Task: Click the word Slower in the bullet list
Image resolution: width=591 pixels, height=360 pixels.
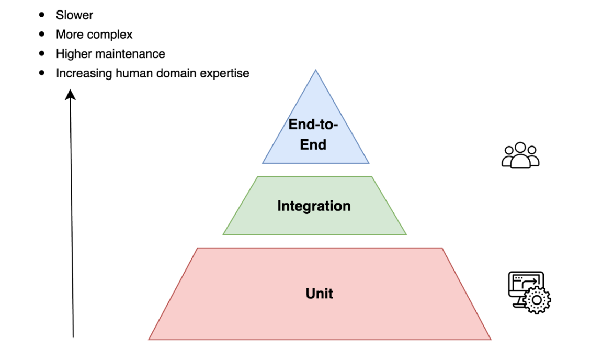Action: point(74,15)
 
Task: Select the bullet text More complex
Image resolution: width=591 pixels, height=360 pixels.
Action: point(94,35)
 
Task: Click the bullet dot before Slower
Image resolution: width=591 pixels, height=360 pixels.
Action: point(42,15)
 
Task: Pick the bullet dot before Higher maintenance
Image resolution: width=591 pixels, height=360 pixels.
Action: point(42,53)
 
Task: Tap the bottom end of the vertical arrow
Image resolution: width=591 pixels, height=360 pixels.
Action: point(73,336)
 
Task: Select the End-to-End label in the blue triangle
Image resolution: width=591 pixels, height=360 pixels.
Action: point(313,134)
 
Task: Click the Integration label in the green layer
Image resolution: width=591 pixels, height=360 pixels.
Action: point(314,206)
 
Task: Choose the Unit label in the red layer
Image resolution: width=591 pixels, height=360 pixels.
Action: point(320,293)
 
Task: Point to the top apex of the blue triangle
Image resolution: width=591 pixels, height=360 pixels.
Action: point(315,71)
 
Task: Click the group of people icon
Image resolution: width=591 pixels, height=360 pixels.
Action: point(520,155)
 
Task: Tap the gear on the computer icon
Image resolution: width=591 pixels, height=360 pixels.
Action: point(536,300)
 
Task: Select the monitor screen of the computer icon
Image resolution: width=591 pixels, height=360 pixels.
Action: point(526,283)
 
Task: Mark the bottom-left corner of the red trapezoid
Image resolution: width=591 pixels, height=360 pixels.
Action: point(149,339)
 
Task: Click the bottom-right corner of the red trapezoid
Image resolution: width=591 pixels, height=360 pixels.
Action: point(491,339)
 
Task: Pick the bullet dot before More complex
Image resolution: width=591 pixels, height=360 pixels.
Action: point(42,34)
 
